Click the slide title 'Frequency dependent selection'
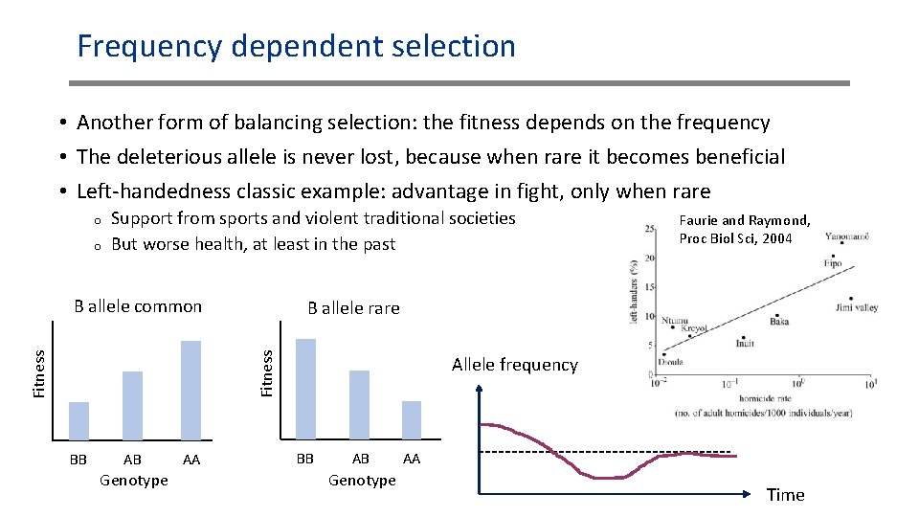(296, 46)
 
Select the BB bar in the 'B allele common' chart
(78, 420)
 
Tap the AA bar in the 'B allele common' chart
(191, 390)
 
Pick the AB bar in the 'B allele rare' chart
(359, 404)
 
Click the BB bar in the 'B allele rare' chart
(305, 389)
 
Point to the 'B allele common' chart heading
(138, 306)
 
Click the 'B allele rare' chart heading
(353, 308)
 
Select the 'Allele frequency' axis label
(514, 365)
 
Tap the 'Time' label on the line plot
(785, 495)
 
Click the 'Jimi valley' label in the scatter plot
(856, 308)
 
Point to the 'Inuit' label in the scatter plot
(745, 343)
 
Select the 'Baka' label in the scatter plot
(779, 322)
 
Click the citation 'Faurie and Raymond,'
(744, 220)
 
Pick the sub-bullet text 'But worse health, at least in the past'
(253, 244)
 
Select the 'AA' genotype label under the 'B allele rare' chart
(411, 460)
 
